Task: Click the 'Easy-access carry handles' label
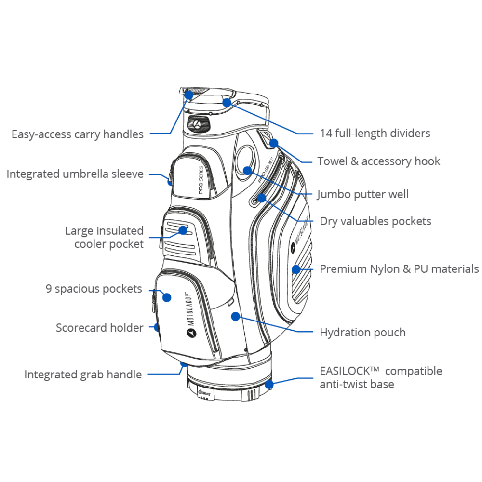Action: point(78,134)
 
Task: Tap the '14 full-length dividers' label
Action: point(375,133)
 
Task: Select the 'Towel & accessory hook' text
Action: point(378,161)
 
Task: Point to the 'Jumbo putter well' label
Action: point(362,194)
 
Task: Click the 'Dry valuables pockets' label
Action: point(375,221)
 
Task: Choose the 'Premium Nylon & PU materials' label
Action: point(399,269)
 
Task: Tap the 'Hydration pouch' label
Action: point(362,332)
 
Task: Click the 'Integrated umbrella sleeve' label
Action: point(75,174)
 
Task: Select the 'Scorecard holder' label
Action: point(99,328)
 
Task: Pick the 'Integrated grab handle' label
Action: point(83,375)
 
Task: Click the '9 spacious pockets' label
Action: point(94,289)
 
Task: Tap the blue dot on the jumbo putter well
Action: point(248,170)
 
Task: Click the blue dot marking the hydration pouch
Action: point(235,316)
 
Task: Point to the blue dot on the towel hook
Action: point(274,143)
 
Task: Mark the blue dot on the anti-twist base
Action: point(269,384)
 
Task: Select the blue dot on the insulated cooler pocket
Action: point(183,230)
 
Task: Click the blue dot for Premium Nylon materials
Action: point(296,269)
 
